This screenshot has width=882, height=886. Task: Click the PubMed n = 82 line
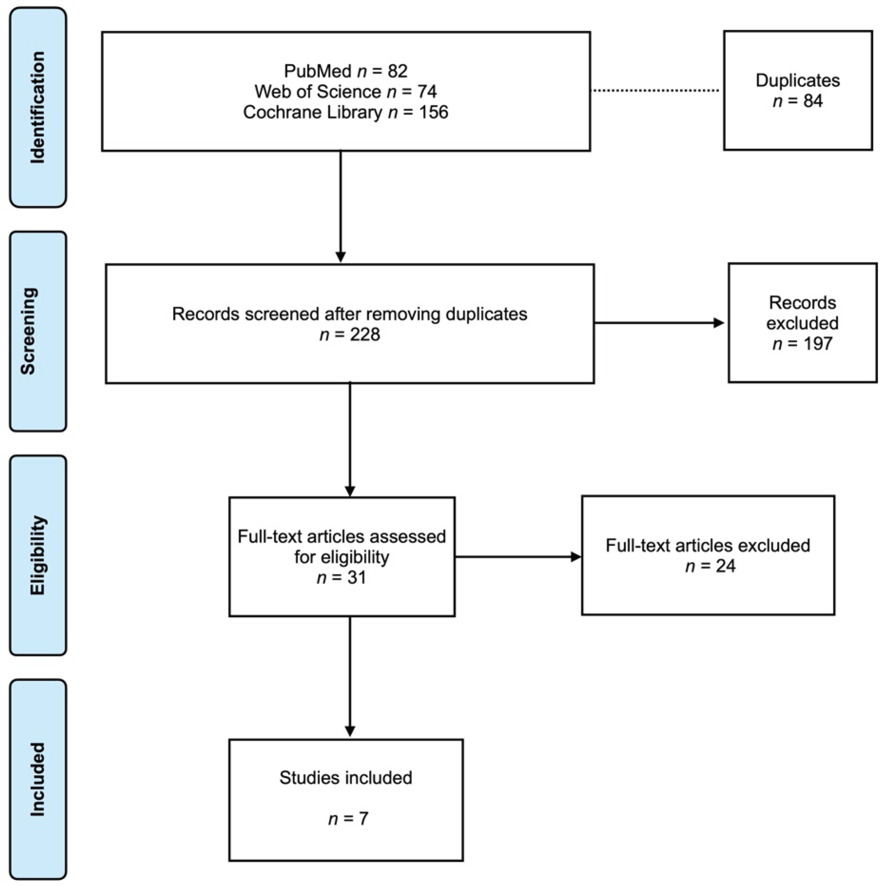346,71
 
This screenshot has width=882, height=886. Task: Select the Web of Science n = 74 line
346,92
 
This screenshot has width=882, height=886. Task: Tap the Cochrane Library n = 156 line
346,112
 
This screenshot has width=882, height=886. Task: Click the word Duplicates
798,81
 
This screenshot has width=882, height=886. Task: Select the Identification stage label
38,107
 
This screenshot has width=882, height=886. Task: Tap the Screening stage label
28,331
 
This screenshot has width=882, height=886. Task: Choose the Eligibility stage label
38,555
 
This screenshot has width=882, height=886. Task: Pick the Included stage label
38,779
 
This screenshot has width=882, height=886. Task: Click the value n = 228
350,335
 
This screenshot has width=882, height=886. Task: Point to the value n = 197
802,344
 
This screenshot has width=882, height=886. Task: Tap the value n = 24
710,566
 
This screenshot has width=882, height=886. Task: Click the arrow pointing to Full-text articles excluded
518,557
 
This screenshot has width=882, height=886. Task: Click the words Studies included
346,778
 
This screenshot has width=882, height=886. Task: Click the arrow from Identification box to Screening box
341,206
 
